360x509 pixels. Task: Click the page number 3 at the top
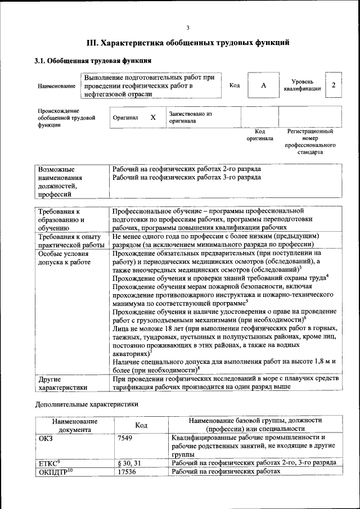tap(188, 28)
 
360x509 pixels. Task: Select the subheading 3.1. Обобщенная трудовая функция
tap(93, 60)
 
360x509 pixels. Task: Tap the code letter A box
tap(263, 85)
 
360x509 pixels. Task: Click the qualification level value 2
tap(334, 85)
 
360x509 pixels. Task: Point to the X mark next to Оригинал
tap(152, 118)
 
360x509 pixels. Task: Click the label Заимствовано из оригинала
tap(191, 117)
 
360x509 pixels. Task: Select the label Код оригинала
tap(260, 134)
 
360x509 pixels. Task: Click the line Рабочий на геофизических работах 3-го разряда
tap(186, 177)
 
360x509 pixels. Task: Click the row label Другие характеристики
tap(62, 382)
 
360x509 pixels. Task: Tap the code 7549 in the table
tap(125, 438)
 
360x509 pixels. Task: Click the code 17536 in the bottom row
tap(127, 472)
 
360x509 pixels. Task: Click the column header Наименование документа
tap(75, 425)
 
